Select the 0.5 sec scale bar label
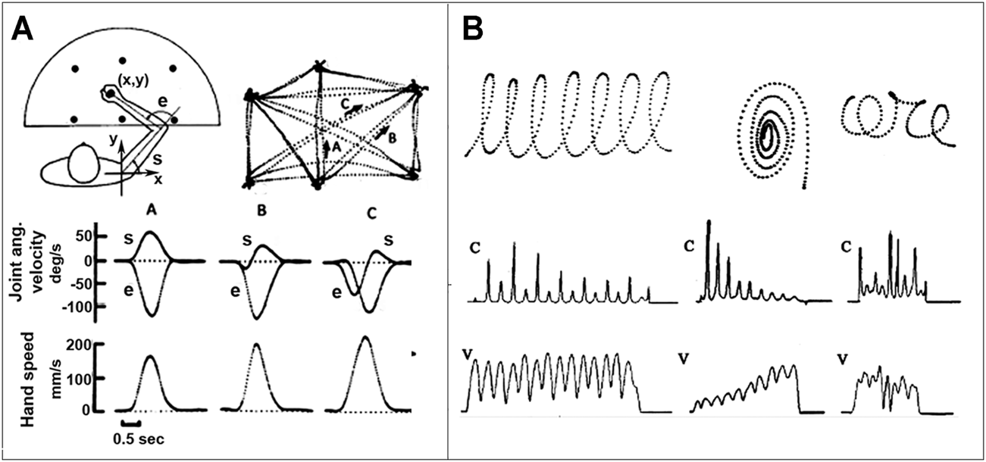(x=133, y=438)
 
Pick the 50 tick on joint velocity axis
(x=105, y=236)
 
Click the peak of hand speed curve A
(x=150, y=356)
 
